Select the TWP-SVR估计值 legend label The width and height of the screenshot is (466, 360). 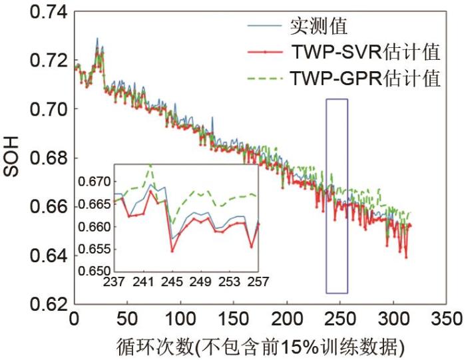(x=365, y=53)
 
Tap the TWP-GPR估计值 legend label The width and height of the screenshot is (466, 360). (x=365, y=79)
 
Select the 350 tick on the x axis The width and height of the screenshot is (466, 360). (x=447, y=320)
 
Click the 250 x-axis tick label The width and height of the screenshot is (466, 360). (x=340, y=320)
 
